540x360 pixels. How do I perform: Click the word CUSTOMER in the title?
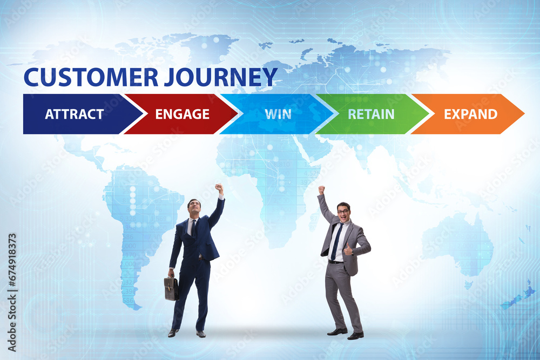click(x=91, y=77)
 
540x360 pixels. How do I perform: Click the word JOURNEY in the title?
click(x=221, y=77)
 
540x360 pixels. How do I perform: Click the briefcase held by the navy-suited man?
click(x=171, y=288)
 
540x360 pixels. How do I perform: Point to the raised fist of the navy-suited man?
click(x=219, y=188)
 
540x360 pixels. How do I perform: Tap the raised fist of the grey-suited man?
click(x=321, y=189)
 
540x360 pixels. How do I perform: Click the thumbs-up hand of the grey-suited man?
click(x=348, y=249)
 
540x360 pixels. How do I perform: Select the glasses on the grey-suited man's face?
click(x=343, y=212)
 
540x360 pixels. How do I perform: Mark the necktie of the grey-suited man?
click(x=336, y=241)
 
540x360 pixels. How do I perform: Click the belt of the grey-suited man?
click(x=335, y=262)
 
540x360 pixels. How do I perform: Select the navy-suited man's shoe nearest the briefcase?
click(x=173, y=333)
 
